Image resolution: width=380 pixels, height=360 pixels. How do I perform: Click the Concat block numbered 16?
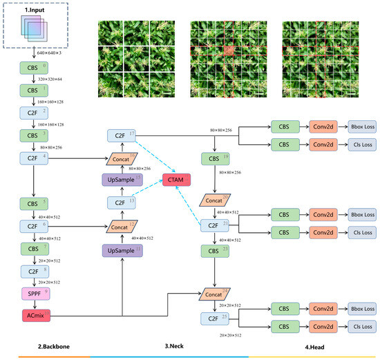coord(121,159)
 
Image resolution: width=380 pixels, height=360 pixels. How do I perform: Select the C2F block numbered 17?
coord(121,135)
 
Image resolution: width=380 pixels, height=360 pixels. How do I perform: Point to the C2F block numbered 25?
coord(215,319)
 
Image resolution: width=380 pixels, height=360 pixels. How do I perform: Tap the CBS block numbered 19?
coord(215,159)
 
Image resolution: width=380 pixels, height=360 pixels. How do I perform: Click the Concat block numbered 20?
coord(215,200)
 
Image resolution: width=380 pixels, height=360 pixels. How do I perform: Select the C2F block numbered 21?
coord(215,225)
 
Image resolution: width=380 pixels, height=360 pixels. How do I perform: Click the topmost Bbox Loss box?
coord(363,126)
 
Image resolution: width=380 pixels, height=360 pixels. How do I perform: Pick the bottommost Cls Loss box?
coord(363,326)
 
